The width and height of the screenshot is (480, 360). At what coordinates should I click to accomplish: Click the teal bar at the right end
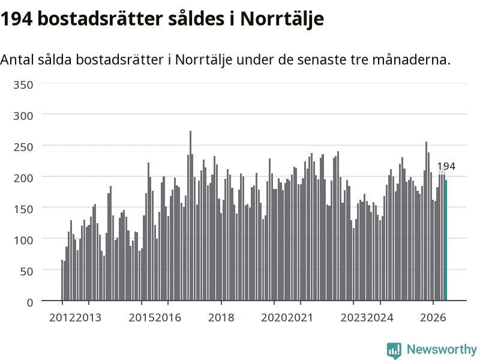pyautogui.click(x=446, y=241)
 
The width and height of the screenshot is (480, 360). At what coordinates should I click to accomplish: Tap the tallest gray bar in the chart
pyautogui.click(x=190, y=216)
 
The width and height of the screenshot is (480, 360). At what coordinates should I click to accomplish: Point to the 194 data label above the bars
pyautogui.click(x=446, y=166)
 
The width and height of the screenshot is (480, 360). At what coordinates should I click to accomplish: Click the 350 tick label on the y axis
pyautogui.click(x=23, y=85)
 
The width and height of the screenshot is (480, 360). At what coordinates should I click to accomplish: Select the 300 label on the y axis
pyautogui.click(x=23, y=116)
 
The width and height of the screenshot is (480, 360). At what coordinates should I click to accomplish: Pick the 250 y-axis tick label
pyautogui.click(x=23, y=147)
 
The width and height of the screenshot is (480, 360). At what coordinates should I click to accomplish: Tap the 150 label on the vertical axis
pyautogui.click(x=23, y=209)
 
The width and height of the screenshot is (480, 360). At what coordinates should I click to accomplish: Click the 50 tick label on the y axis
pyautogui.click(x=26, y=271)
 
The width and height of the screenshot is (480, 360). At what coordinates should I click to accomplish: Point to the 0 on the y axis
pyautogui.click(x=30, y=302)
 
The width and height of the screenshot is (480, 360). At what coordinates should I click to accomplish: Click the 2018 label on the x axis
pyautogui.click(x=221, y=317)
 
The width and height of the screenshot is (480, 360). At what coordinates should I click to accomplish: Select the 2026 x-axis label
pyautogui.click(x=433, y=317)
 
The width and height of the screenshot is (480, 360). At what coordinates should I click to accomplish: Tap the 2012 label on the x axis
pyautogui.click(x=62, y=317)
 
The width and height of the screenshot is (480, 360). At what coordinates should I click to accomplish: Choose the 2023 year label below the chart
pyautogui.click(x=353, y=317)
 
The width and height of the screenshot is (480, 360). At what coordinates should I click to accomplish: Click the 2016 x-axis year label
pyautogui.click(x=168, y=317)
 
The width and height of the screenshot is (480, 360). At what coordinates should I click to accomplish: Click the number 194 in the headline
pyautogui.click(x=17, y=19)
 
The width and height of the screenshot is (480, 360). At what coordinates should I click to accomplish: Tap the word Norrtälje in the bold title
pyautogui.click(x=282, y=20)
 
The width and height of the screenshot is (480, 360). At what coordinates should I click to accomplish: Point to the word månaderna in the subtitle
pyautogui.click(x=412, y=59)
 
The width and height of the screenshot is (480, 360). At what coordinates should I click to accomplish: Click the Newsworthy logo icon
pyautogui.click(x=394, y=350)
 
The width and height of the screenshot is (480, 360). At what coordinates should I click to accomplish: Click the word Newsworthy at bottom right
pyautogui.click(x=442, y=349)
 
